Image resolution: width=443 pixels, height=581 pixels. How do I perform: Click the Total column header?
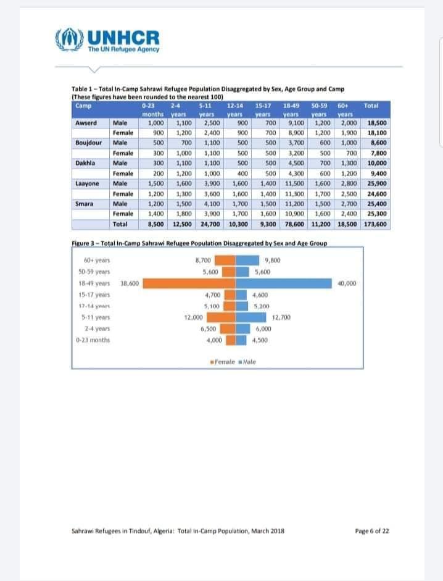click(x=371, y=106)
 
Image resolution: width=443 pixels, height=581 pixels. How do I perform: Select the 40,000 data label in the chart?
click(x=348, y=283)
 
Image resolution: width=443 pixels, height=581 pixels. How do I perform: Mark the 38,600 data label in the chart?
click(x=130, y=283)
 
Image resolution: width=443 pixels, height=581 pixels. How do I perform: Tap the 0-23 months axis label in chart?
click(x=93, y=340)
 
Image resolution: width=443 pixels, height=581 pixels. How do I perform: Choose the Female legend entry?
click(x=223, y=361)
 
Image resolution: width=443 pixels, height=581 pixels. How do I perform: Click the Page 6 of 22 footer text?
click(x=372, y=531)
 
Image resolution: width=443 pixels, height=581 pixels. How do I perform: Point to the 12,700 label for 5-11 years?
click(x=281, y=317)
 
